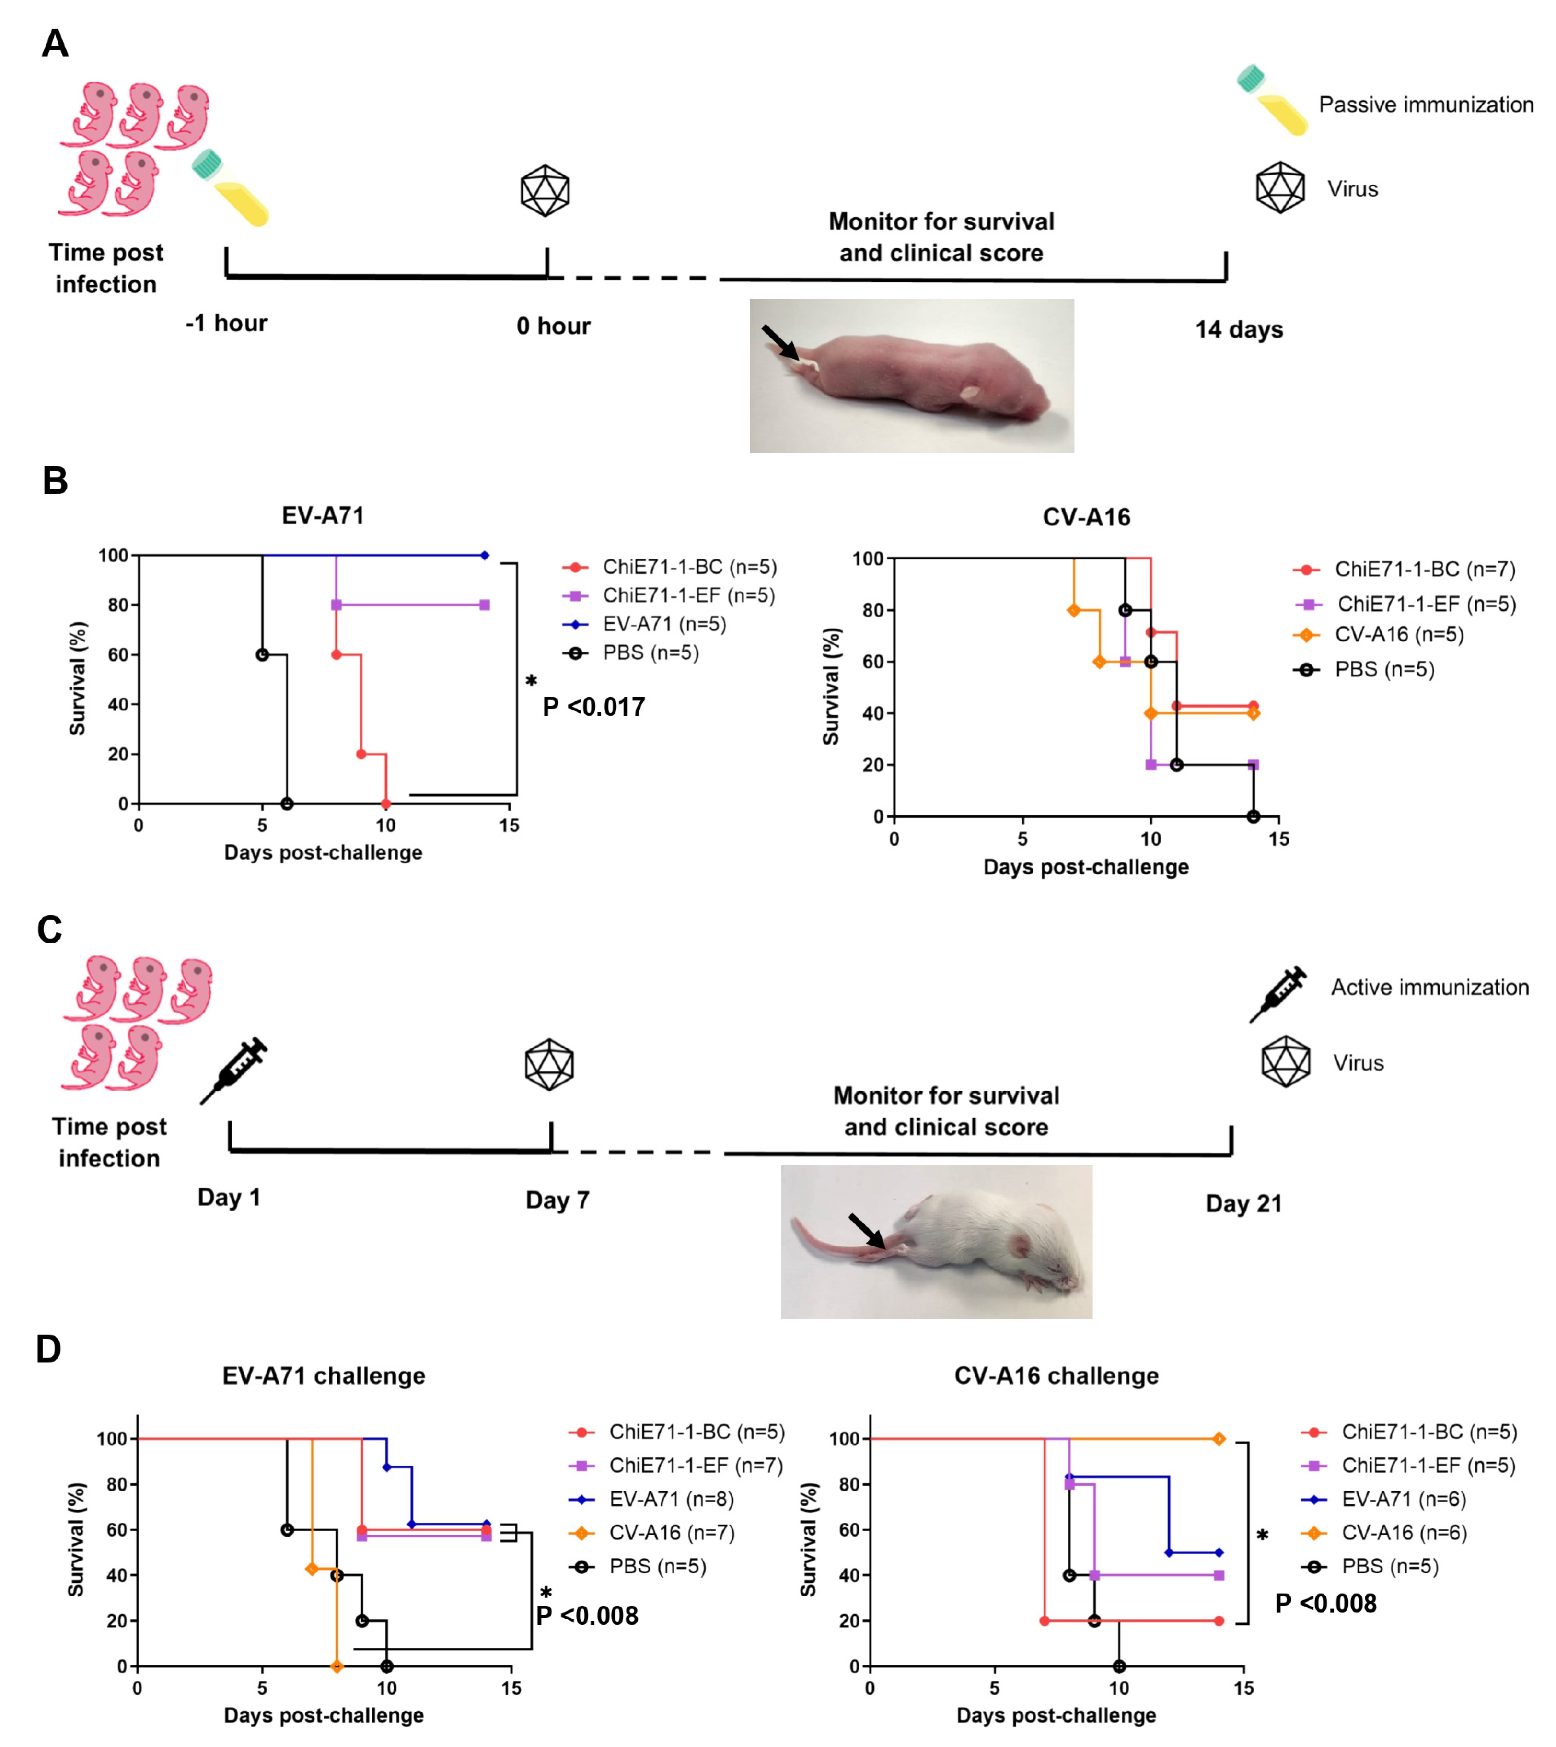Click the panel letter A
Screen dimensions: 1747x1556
click(55, 43)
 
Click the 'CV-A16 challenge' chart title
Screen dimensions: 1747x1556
click(1056, 1376)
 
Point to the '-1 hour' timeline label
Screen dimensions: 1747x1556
click(227, 323)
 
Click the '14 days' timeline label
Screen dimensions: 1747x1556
click(1239, 329)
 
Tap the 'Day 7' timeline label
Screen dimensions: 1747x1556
click(557, 1200)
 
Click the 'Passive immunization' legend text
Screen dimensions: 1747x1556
click(1425, 105)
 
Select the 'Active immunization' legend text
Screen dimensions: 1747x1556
click(1429, 988)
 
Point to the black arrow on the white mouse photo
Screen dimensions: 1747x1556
click(867, 1231)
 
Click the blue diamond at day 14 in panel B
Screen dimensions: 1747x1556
click(485, 556)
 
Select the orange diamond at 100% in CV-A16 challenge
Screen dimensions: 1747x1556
click(1219, 1439)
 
